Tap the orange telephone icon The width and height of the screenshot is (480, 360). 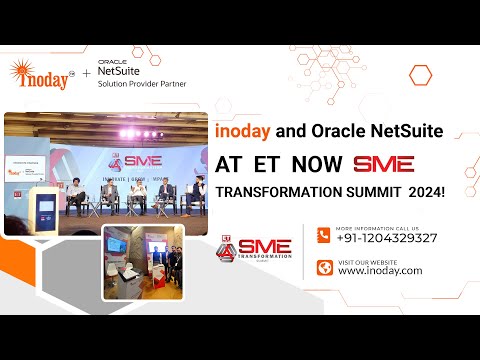pos(324,235)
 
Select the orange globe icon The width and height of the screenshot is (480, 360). pos(324,267)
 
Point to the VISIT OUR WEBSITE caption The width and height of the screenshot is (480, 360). pos(366,260)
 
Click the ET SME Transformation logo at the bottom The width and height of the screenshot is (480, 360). pos(254,252)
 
